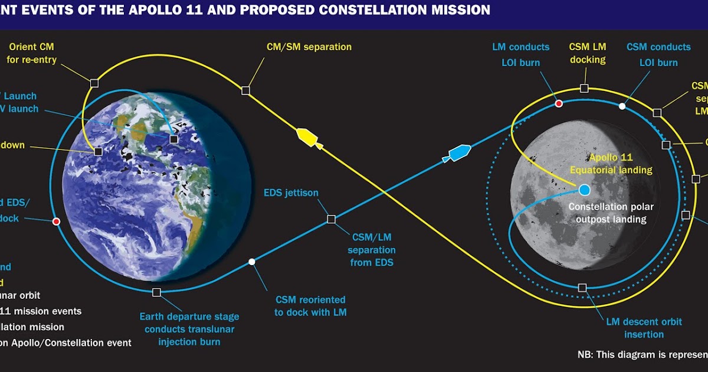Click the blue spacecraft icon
point(458,152)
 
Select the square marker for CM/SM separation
point(246,90)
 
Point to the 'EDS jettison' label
point(291,193)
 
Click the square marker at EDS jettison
point(331,219)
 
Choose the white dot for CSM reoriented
point(252,262)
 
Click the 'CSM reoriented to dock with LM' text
point(310,306)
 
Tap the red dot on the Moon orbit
point(559,104)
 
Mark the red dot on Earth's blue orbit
point(56,221)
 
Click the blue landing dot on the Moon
point(584,190)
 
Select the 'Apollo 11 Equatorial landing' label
point(611,164)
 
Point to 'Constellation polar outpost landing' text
point(608,213)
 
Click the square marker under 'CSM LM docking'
point(584,88)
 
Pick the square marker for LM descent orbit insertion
point(582,288)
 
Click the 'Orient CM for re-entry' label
point(32,53)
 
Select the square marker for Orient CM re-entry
point(94,83)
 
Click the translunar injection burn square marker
point(156,292)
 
